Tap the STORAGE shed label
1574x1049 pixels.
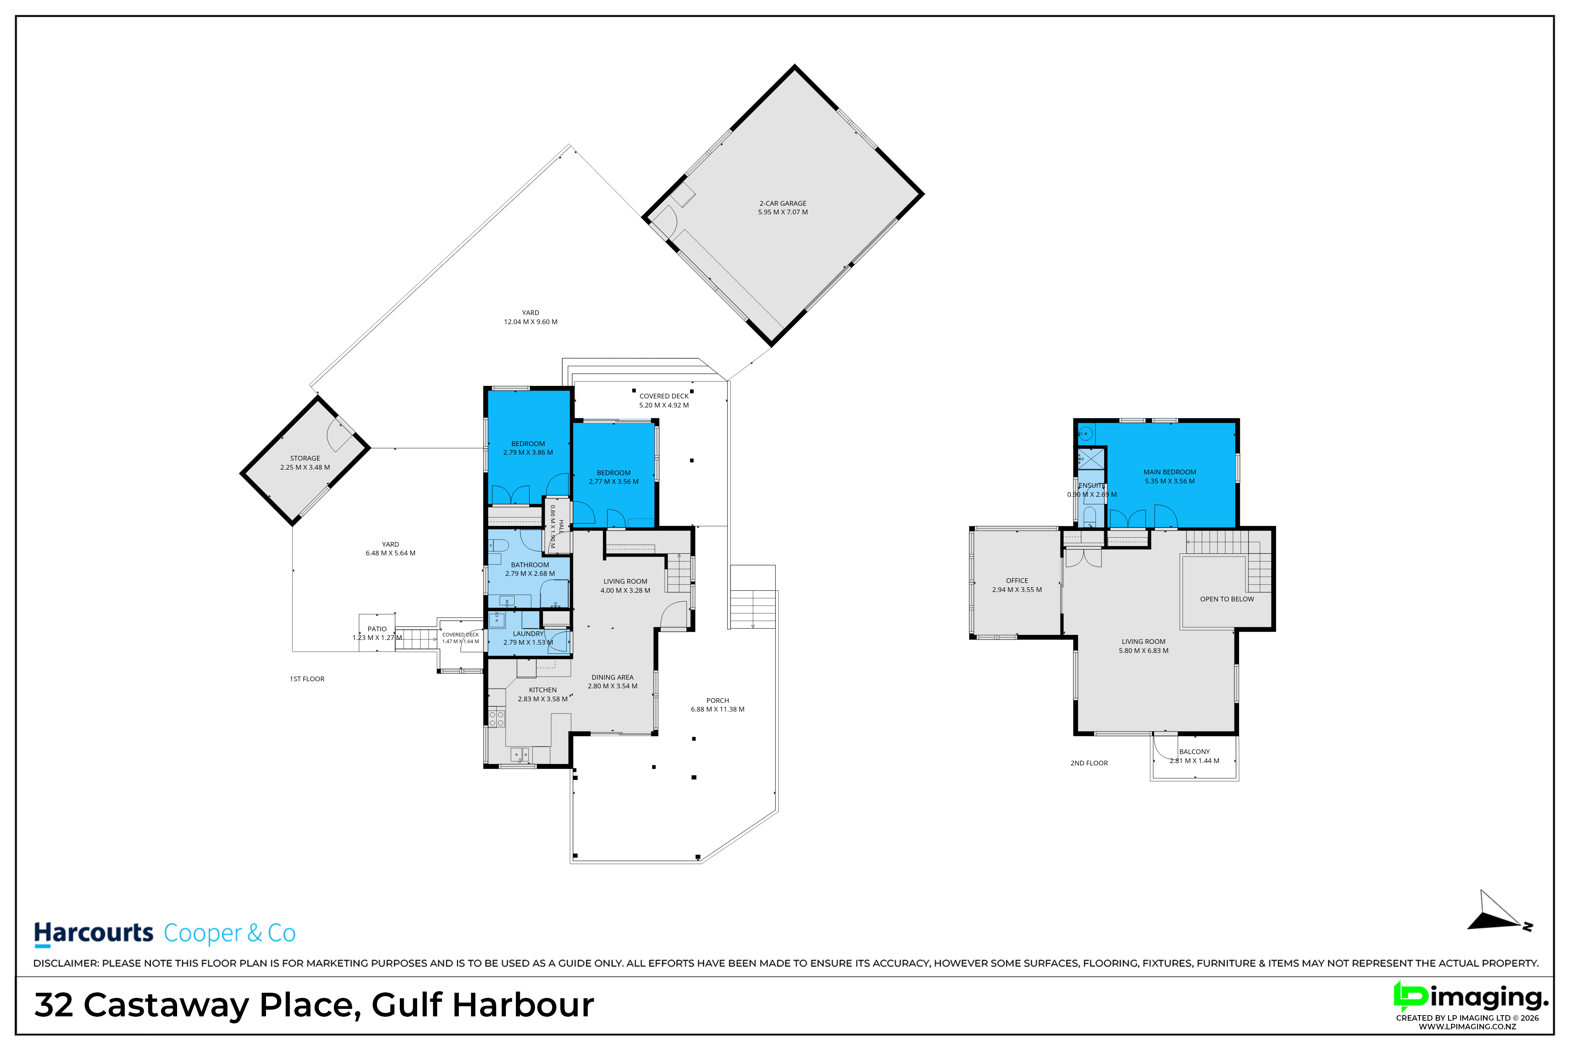[x=305, y=458]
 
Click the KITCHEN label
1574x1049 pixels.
[x=543, y=690]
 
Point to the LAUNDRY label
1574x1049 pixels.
[x=528, y=634]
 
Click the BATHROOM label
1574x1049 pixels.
[x=530, y=565]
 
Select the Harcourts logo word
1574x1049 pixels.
[x=94, y=933]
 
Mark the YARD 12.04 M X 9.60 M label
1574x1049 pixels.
[x=531, y=317]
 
